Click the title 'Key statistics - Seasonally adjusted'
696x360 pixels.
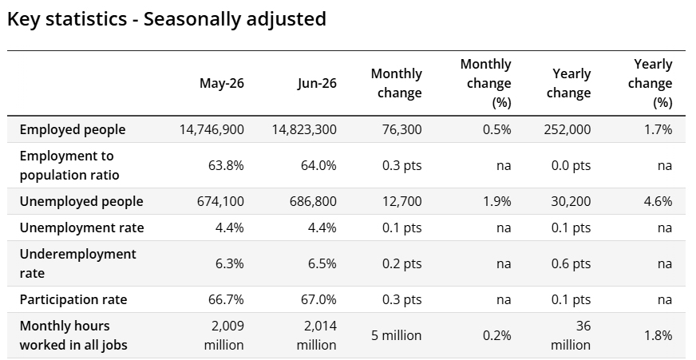pyautogui.click(x=167, y=19)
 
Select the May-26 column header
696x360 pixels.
pyautogui.click(x=222, y=83)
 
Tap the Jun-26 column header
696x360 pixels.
pyautogui.click(x=317, y=83)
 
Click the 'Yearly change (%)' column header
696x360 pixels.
pyautogui.click(x=650, y=83)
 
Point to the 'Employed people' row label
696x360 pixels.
pyautogui.click(x=73, y=129)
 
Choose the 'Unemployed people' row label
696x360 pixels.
pyautogui.click(x=81, y=201)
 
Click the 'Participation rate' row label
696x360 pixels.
pyautogui.click(x=73, y=299)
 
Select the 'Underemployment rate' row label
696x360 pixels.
pyautogui.click(x=78, y=263)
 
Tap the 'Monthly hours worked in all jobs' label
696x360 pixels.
pyautogui.click(x=73, y=335)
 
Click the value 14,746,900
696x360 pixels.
pyautogui.click(x=212, y=129)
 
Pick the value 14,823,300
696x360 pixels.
pyautogui.click(x=304, y=129)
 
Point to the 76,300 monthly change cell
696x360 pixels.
pyautogui.click(x=401, y=129)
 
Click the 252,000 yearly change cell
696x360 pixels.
pyautogui.click(x=567, y=129)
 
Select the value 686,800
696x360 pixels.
pyautogui.click(x=313, y=201)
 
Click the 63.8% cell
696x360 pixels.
pyautogui.click(x=226, y=165)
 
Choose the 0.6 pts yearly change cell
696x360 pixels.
pyautogui.click(x=571, y=263)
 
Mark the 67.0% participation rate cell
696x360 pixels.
pyautogui.click(x=318, y=299)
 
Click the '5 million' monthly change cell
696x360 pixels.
pyautogui.click(x=397, y=335)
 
